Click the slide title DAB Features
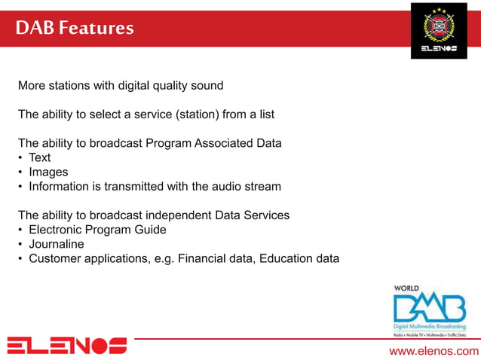[75, 29]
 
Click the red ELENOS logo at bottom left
[67, 346]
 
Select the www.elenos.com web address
[434, 351]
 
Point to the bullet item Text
[39, 157]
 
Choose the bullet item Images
[48, 172]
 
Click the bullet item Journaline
[57, 244]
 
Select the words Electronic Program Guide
[97, 230]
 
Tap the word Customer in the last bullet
[55, 258]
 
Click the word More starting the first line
[32, 85]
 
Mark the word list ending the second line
[265, 114]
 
